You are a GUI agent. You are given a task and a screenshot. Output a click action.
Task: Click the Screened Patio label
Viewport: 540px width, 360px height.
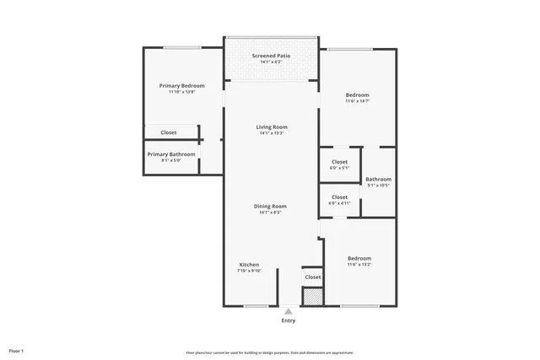pyautogui.click(x=272, y=56)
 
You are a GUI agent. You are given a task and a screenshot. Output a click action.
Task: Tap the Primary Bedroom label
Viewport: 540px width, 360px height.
pyautogui.click(x=182, y=86)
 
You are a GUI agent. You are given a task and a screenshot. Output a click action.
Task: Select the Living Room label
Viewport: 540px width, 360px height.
pyautogui.click(x=272, y=127)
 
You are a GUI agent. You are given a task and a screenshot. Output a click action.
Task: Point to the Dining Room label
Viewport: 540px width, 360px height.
pyautogui.click(x=271, y=207)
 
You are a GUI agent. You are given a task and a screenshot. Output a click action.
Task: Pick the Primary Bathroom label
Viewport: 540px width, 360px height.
pyautogui.click(x=171, y=154)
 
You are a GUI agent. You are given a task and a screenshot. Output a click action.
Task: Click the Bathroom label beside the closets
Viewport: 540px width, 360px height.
pyautogui.click(x=378, y=179)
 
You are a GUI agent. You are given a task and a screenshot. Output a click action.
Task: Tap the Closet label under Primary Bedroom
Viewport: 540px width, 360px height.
pyautogui.click(x=169, y=132)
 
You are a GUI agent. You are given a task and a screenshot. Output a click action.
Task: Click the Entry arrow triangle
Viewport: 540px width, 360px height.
pyautogui.click(x=289, y=310)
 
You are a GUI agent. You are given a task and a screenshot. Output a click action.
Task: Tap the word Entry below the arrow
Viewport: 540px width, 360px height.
pyautogui.click(x=289, y=320)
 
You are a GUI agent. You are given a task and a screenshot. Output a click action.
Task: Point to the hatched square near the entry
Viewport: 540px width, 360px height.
pyautogui.click(x=312, y=296)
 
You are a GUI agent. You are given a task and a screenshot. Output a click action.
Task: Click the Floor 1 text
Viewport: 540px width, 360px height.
pyautogui.click(x=17, y=350)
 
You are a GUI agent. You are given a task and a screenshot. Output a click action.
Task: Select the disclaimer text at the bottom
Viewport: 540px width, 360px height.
pyautogui.click(x=270, y=352)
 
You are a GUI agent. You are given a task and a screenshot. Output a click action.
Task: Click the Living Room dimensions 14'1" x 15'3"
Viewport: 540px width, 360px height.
pyautogui.click(x=272, y=133)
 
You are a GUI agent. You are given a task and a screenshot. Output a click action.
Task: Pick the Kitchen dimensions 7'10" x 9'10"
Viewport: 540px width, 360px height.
pyautogui.click(x=251, y=271)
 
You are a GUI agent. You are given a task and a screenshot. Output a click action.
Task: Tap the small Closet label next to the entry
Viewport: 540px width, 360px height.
pyautogui.click(x=312, y=277)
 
